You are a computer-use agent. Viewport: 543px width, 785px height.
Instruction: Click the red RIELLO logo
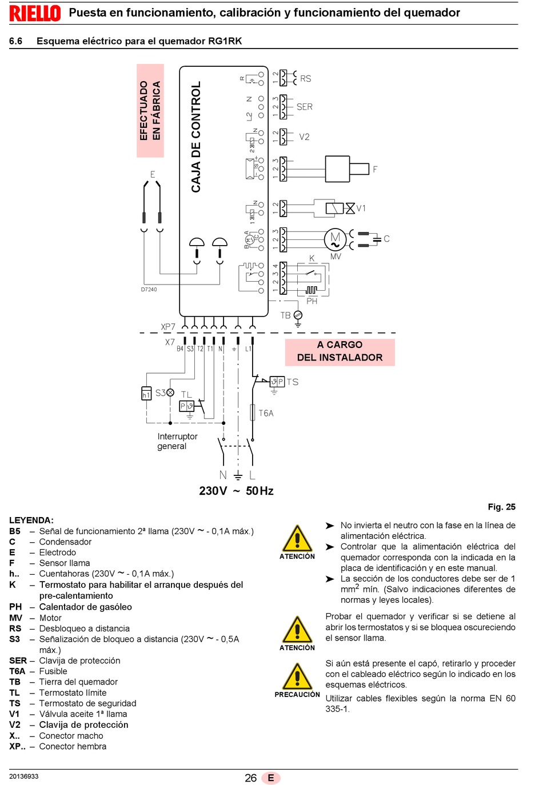tap(35, 13)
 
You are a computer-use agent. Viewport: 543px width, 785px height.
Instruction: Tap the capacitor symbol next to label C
tap(377, 240)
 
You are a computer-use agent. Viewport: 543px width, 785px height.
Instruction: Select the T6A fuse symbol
tap(253, 412)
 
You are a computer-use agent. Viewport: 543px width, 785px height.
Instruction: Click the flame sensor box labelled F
tap(347, 169)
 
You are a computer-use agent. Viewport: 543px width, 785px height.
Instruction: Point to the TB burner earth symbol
tap(298, 318)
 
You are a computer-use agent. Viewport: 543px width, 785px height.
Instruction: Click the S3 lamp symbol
tap(170, 392)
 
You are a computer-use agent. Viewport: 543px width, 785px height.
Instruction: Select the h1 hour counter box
tap(146, 393)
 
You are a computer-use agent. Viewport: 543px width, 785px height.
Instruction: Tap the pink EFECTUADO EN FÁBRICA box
tap(150, 111)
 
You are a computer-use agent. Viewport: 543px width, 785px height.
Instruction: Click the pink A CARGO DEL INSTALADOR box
tap(340, 352)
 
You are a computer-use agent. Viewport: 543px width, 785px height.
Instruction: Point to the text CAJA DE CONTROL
tap(195, 137)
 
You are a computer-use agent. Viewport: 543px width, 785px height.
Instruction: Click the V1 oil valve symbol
tap(340, 209)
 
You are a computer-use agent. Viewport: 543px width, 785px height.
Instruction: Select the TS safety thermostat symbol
tap(277, 382)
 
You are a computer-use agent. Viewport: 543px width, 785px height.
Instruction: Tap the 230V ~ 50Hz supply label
tap(236, 491)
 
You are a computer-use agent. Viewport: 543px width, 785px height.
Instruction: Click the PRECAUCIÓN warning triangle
tap(297, 676)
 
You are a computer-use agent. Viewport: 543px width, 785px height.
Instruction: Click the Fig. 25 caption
tap(502, 507)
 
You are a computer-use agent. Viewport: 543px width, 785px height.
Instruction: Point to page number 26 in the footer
tap(251, 778)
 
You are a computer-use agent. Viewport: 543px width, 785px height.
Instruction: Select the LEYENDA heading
tap(31, 520)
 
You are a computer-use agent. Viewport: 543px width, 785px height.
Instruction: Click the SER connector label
tap(304, 106)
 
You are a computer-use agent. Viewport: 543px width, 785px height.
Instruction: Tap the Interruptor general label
tap(177, 441)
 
